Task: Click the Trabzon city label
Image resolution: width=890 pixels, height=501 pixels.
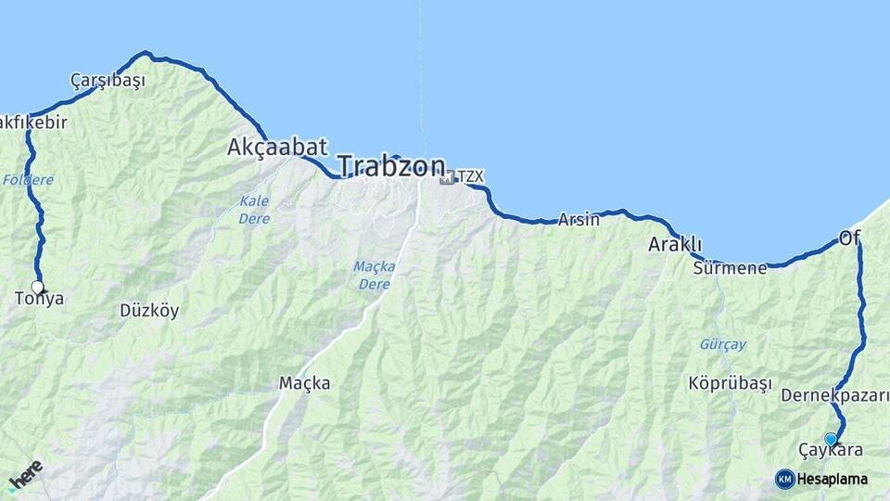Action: pyautogui.click(x=391, y=167)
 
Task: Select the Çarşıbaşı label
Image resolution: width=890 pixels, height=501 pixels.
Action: pyautogui.click(x=108, y=81)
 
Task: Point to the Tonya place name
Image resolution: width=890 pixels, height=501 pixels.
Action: pyautogui.click(x=40, y=299)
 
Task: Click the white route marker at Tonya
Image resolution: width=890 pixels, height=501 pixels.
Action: pyautogui.click(x=38, y=287)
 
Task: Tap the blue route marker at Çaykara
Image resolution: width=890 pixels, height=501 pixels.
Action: pyautogui.click(x=831, y=439)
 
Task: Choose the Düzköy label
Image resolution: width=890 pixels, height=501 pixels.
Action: pyautogui.click(x=149, y=311)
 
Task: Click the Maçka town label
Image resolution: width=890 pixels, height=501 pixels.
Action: pyautogui.click(x=304, y=382)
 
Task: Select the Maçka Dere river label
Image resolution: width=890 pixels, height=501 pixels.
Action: pyautogui.click(x=375, y=275)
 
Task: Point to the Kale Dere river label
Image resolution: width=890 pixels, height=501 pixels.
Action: pyautogui.click(x=254, y=210)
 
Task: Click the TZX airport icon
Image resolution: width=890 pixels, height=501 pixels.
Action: pyautogui.click(x=447, y=176)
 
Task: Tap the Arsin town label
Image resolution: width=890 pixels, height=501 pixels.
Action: pyautogui.click(x=578, y=220)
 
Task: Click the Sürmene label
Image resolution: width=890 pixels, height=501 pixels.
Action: pyautogui.click(x=730, y=269)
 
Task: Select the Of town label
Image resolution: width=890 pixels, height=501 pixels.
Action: pyautogui.click(x=849, y=238)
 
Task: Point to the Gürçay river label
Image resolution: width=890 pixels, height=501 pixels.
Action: pyautogui.click(x=722, y=344)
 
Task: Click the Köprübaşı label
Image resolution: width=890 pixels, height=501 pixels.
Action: pyautogui.click(x=730, y=382)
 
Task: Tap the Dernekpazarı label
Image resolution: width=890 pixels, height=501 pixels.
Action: pyautogui.click(x=834, y=396)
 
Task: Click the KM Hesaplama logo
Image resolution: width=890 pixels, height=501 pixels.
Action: pyautogui.click(x=821, y=479)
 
